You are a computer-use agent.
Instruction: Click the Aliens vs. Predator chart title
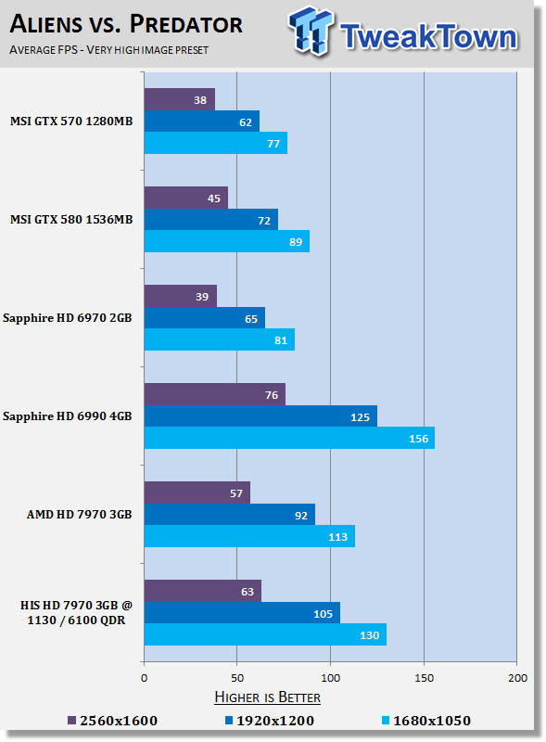coord(126,25)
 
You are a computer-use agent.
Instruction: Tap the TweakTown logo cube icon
coord(311,31)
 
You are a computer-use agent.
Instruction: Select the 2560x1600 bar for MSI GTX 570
coord(179,99)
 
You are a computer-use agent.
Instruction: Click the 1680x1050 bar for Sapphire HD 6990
coord(289,438)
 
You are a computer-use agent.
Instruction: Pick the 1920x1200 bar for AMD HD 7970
coord(230,515)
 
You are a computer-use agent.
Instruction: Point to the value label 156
coord(418,439)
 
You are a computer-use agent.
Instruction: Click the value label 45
coord(214,198)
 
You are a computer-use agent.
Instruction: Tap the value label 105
coord(324,614)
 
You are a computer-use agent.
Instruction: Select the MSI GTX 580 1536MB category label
coord(71,220)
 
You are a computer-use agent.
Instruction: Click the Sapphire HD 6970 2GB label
coord(67,318)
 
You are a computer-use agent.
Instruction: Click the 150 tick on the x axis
coord(424,678)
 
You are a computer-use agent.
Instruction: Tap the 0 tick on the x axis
coord(145,678)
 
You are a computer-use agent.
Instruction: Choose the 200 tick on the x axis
coord(517,678)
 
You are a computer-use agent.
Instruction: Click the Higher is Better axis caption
coord(267,697)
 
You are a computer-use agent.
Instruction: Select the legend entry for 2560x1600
coord(112,721)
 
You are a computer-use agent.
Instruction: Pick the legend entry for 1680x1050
coord(426,721)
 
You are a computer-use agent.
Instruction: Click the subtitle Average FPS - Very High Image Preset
coord(108,50)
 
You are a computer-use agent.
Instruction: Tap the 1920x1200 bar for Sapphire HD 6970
coord(204,318)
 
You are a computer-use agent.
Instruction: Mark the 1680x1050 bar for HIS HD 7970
coord(265,634)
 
